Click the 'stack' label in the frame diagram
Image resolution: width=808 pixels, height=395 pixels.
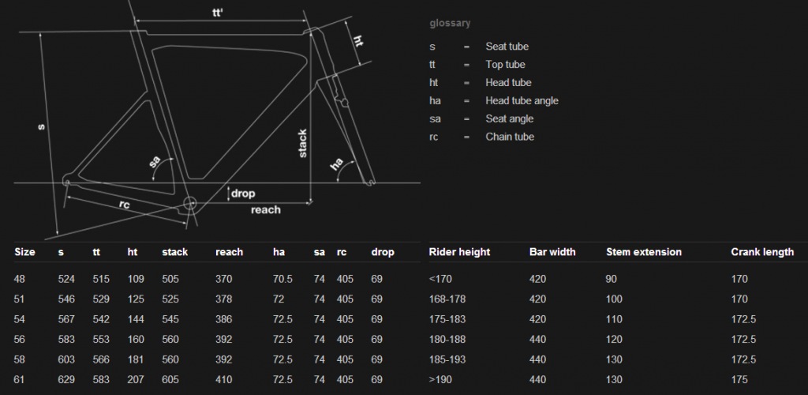coord(302,143)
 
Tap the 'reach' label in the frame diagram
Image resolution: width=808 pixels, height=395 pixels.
coord(265,210)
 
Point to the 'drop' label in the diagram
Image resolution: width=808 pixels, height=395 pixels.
coord(243,194)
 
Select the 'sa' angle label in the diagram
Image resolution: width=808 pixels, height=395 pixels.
coord(155,161)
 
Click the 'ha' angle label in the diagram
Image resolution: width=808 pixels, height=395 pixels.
coord(336,164)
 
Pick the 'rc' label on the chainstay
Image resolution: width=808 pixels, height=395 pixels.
coord(124,204)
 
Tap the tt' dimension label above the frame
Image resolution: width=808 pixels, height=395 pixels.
coord(218,13)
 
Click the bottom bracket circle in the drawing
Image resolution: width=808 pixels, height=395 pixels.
coord(189,203)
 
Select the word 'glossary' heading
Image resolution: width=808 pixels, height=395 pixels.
coord(450,24)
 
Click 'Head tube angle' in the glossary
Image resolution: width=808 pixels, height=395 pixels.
coord(522,100)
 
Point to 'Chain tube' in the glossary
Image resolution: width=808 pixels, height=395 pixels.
coord(510,137)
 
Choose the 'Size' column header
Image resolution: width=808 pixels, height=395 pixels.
coord(24,252)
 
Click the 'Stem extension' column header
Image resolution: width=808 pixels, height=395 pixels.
coord(644,252)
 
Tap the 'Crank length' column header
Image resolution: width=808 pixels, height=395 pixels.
coord(762,252)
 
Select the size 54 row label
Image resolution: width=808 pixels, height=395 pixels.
coord(20,319)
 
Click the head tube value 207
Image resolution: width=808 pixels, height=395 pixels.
coord(136,379)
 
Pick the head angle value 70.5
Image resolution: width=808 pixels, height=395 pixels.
coord(282,279)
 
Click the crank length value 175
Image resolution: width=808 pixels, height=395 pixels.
coord(739,379)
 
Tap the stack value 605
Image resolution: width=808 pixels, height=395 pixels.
coord(170,379)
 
